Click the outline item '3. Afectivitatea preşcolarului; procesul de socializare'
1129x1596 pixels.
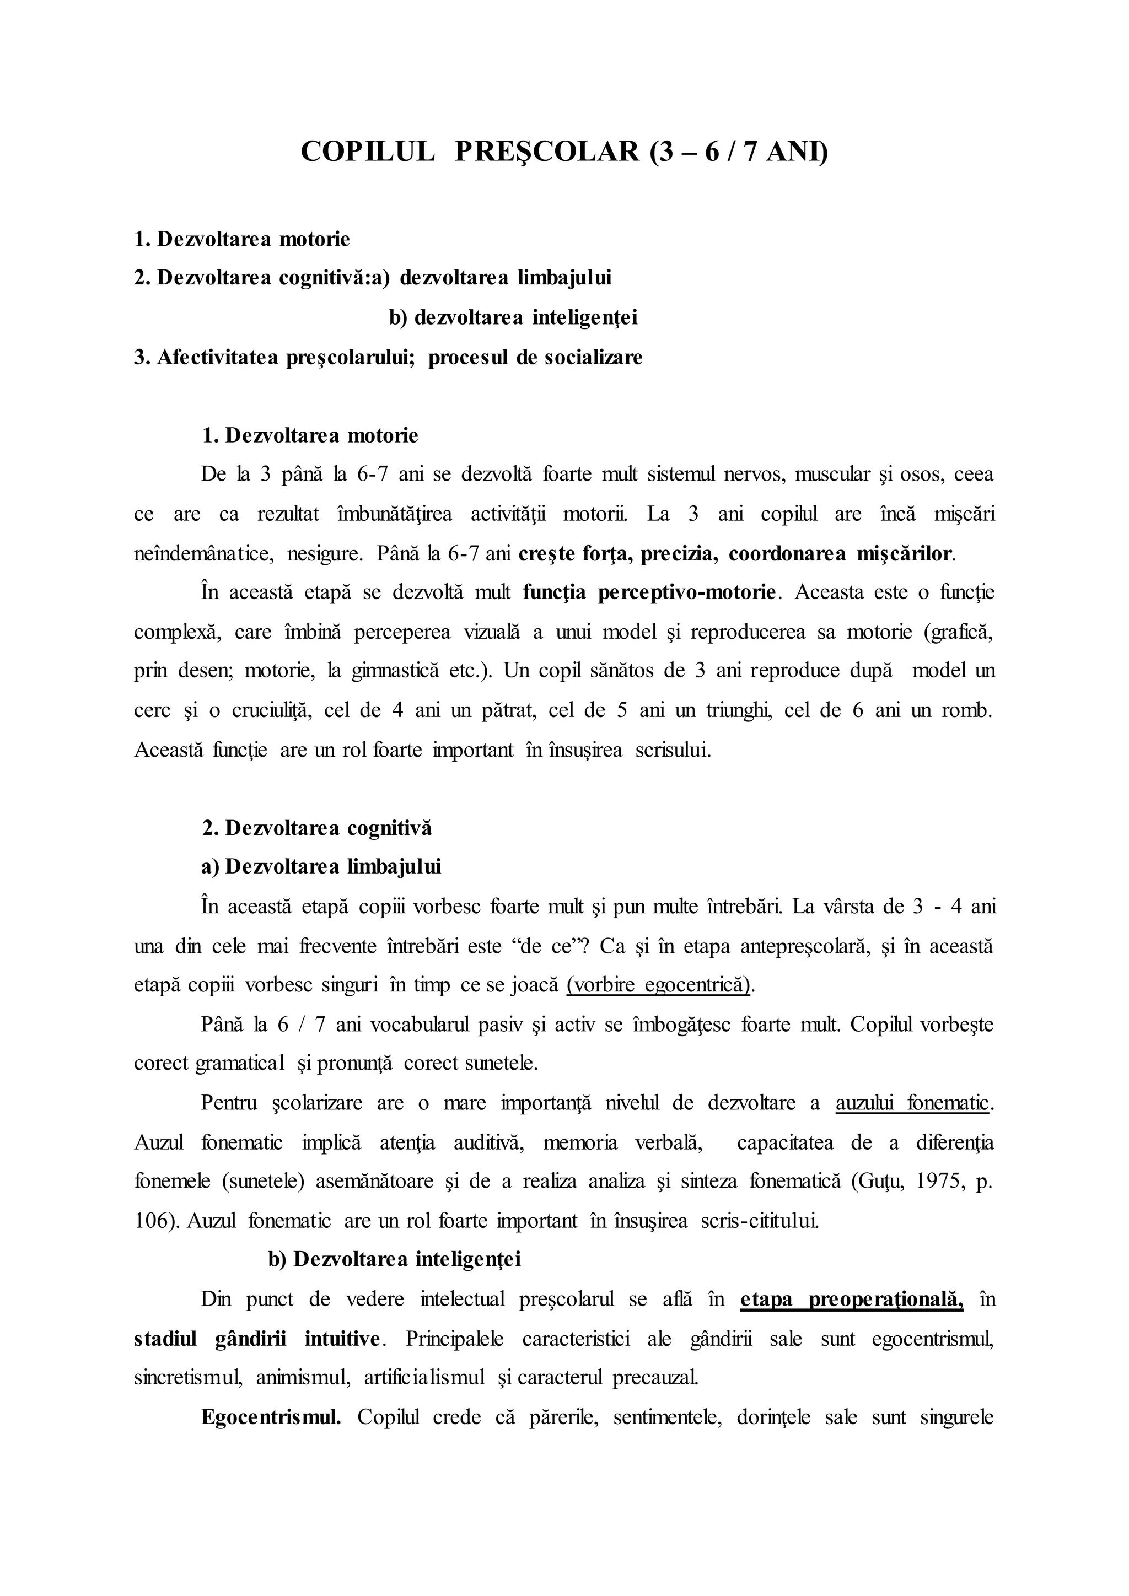tap(388, 357)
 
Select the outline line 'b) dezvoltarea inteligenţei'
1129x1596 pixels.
tap(513, 317)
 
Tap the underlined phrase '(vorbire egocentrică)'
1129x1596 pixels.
tap(659, 986)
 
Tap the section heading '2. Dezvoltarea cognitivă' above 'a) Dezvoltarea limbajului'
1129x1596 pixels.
tap(316, 828)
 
